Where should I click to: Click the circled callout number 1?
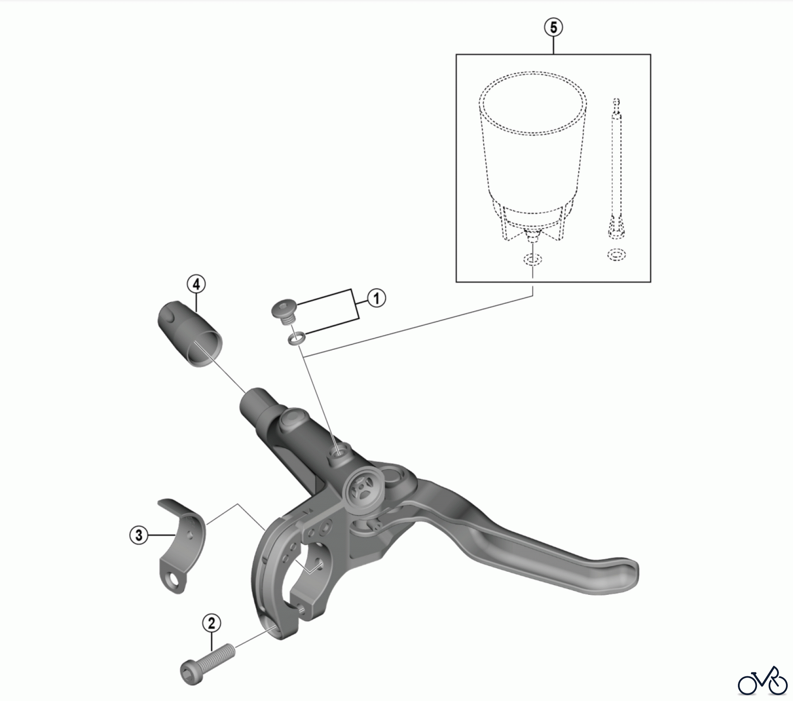pyautogui.click(x=376, y=298)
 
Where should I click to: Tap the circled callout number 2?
pyautogui.click(x=211, y=624)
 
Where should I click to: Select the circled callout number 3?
pyautogui.click(x=139, y=536)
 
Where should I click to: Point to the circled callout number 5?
pyautogui.click(x=553, y=27)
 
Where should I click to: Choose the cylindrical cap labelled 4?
pyautogui.click(x=189, y=333)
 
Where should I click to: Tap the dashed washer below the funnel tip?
pyautogui.click(x=532, y=259)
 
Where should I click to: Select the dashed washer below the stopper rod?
pyautogui.click(x=616, y=254)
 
